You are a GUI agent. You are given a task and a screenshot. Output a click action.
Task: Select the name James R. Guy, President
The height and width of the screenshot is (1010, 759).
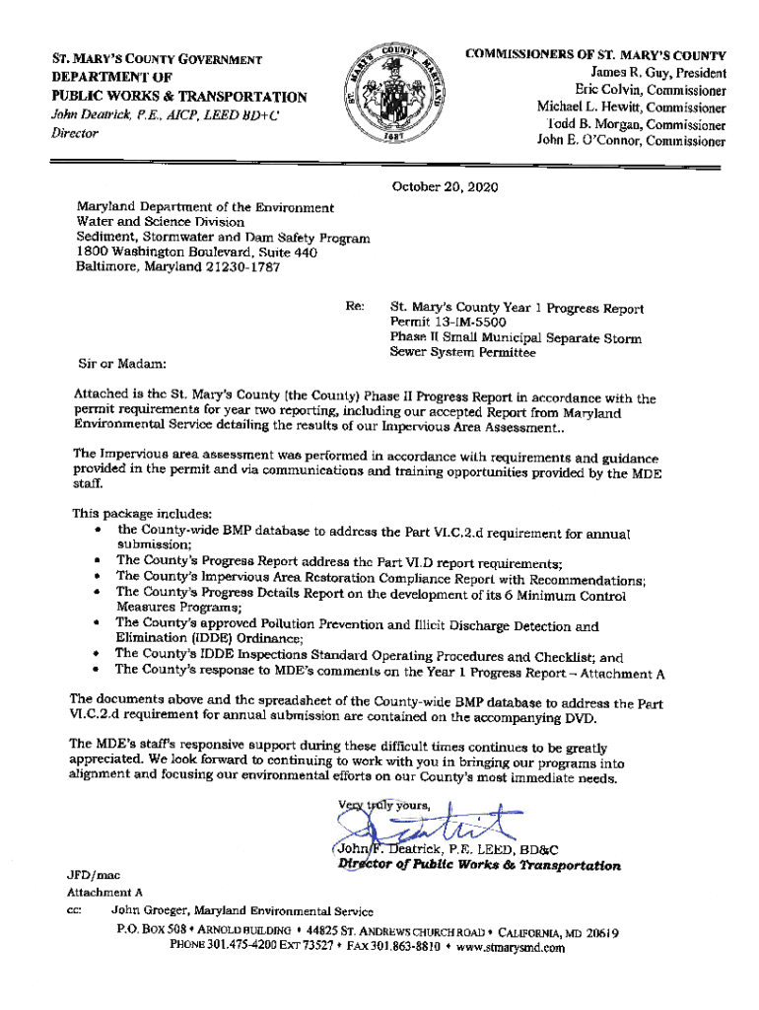(657, 74)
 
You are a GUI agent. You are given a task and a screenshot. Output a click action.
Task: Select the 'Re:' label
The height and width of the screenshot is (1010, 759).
(356, 308)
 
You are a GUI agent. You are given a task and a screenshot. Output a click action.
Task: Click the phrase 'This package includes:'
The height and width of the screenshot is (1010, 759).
(136, 514)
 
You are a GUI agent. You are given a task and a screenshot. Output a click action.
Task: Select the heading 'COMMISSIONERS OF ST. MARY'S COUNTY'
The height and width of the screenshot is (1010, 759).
(596, 56)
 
